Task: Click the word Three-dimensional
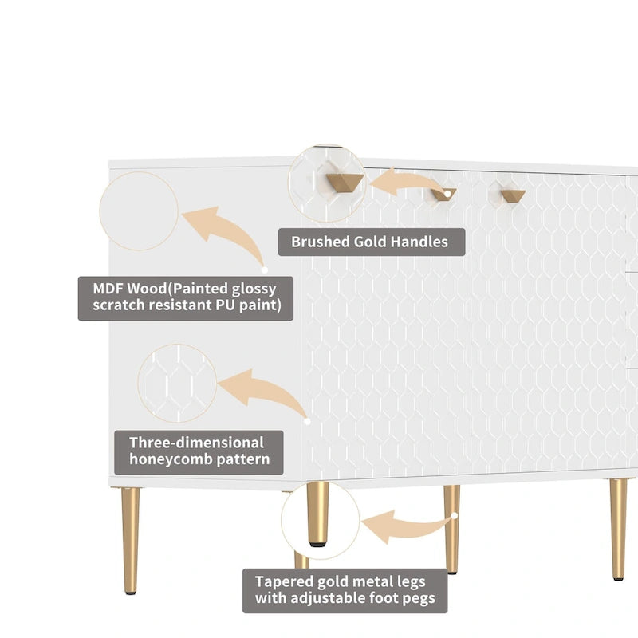pyautogui.click(x=196, y=443)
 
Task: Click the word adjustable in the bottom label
pyautogui.click(x=329, y=598)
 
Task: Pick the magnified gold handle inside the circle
pyautogui.click(x=345, y=181)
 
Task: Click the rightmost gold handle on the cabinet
pyautogui.click(x=513, y=195)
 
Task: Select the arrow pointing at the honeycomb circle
pyautogui.click(x=263, y=390)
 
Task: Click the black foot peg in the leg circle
pyautogui.click(x=318, y=543)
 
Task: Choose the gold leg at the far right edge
pyautogui.click(x=618, y=529)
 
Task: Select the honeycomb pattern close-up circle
pyautogui.click(x=177, y=384)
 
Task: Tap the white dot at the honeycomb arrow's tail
pyautogui.click(x=307, y=422)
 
